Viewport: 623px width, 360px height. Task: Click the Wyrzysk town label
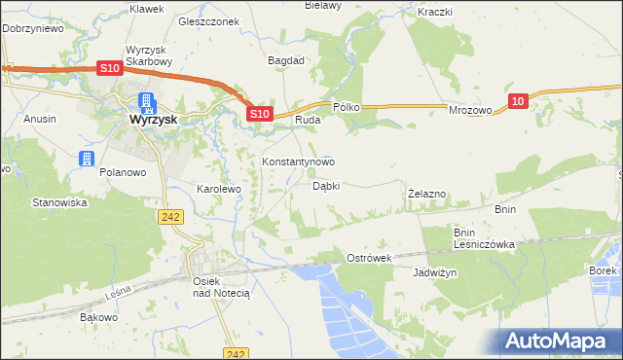pyautogui.click(x=153, y=120)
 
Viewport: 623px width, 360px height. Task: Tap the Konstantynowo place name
pyautogui.click(x=299, y=162)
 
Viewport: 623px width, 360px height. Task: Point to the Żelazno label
pyautogui.click(x=426, y=194)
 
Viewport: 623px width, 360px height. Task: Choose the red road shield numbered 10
pyautogui.click(x=517, y=100)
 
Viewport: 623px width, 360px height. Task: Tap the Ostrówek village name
pyautogui.click(x=369, y=258)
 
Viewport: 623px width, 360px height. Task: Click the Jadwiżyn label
pyautogui.click(x=435, y=273)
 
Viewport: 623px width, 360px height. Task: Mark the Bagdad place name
pyautogui.click(x=287, y=60)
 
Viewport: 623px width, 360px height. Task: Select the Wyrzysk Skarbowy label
pyautogui.click(x=149, y=54)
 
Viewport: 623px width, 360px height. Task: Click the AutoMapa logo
pyautogui.click(x=560, y=340)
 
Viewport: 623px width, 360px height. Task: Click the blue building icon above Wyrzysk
pyautogui.click(x=147, y=101)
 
